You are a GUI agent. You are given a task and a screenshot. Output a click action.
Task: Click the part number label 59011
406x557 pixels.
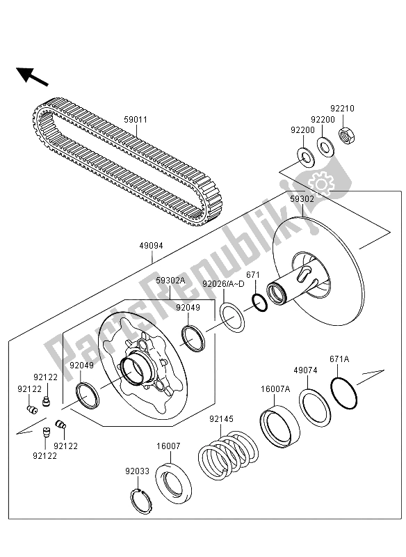136,120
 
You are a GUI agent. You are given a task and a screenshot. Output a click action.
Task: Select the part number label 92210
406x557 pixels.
342,109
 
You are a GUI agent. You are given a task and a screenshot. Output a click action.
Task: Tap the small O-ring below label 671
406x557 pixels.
257,304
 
